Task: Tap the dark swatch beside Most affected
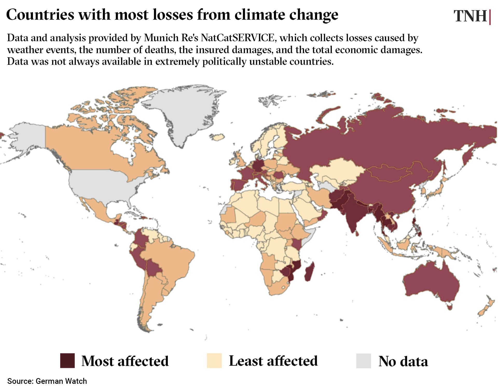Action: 67,360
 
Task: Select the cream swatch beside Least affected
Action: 214,360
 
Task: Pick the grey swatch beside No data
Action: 363,361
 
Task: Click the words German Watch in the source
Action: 61,381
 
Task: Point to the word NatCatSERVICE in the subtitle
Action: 237,38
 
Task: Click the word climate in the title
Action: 260,15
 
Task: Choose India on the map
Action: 353,213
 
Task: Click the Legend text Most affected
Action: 125,361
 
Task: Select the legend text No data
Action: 403,361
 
